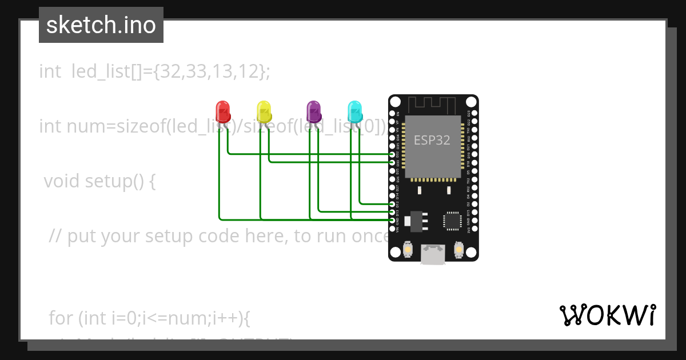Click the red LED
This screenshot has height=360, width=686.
[x=222, y=110]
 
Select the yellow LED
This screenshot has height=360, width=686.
[x=264, y=110]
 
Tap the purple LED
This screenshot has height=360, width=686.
[x=313, y=110]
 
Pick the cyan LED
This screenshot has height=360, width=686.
[x=355, y=110]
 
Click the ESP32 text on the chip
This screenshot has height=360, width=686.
[x=432, y=140]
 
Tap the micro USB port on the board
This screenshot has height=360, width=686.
[x=433, y=254]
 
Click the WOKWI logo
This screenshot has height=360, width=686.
[x=607, y=315]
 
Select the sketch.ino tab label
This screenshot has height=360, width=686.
[x=101, y=25]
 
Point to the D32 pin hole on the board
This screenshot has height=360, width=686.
[x=392, y=154]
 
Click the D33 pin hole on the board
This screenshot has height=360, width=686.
[x=392, y=162]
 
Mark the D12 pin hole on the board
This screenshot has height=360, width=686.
[x=392, y=203]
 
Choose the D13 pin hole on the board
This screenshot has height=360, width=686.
[x=392, y=211]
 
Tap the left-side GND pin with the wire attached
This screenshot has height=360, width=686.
[x=392, y=220]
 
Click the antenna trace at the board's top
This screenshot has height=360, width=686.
[x=432, y=105]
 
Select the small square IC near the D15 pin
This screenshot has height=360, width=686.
[x=452, y=221]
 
